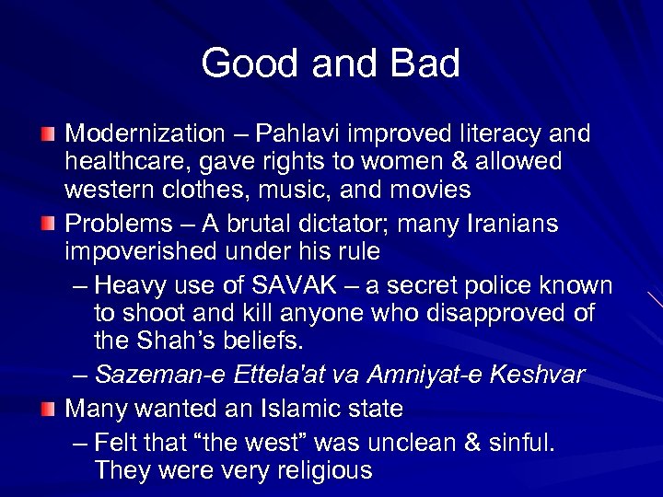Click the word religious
click(x=319, y=471)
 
